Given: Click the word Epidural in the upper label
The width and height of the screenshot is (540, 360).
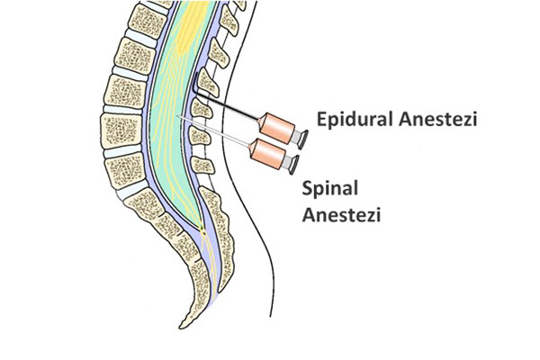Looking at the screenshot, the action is tap(355, 120).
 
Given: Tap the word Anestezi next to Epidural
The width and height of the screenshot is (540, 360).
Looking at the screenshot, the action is tap(438, 120).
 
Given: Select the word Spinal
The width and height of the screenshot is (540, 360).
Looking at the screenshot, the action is tap(330, 189).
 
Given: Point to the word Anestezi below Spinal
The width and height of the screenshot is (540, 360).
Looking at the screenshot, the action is tap(341, 215).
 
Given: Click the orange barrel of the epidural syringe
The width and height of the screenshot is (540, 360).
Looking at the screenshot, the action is tap(277, 128).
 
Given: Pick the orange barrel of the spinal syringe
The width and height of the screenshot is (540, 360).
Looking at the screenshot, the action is tap(267, 154).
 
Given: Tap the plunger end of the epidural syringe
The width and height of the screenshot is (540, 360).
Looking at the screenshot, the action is tap(302, 139).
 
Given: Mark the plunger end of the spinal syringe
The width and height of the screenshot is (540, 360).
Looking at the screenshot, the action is tap(293, 165).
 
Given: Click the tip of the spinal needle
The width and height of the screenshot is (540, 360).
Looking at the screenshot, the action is tap(177, 116).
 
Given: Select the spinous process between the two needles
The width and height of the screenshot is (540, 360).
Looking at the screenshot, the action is tap(202, 108).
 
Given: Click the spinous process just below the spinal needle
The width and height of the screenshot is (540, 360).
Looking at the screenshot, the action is tap(200, 135).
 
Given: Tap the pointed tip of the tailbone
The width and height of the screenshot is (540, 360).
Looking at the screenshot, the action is tap(181, 327).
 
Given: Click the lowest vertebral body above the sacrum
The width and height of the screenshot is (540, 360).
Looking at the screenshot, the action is tap(125, 170).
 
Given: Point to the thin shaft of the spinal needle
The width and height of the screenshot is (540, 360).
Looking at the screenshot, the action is tap(213, 130).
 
